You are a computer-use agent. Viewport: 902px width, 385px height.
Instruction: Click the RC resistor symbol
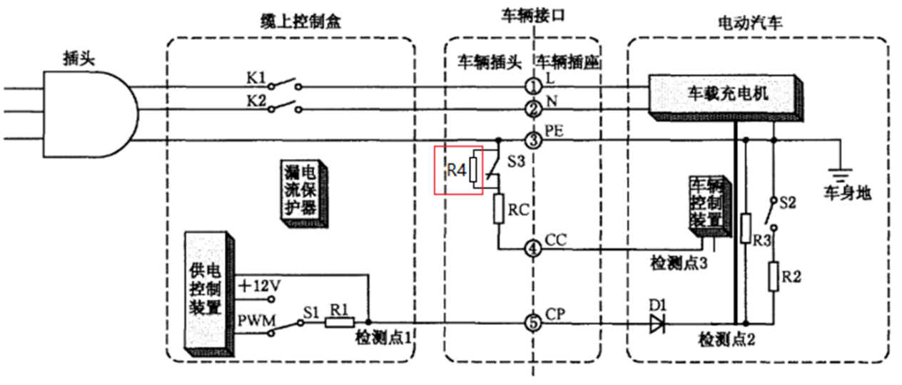(x=498, y=208)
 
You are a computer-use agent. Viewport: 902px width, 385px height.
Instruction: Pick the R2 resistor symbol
(x=774, y=276)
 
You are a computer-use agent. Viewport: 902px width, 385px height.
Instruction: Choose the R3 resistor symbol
(x=746, y=228)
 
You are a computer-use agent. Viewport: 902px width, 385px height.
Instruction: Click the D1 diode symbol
(x=657, y=324)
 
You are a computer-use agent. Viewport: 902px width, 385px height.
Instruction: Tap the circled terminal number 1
(x=533, y=86)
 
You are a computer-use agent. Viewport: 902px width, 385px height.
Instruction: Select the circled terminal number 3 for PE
(x=533, y=140)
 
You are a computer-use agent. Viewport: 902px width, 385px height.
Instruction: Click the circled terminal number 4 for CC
(x=533, y=249)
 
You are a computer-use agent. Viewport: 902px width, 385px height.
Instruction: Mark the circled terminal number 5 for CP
(x=533, y=324)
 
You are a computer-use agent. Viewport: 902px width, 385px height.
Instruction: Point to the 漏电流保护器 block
(x=303, y=192)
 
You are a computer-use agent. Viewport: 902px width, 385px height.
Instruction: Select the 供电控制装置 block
(x=206, y=291)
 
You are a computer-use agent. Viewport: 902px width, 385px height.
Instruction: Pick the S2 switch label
(x=787, y=203)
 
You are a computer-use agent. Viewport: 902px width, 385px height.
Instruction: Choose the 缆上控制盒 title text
(x=288, y=22)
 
